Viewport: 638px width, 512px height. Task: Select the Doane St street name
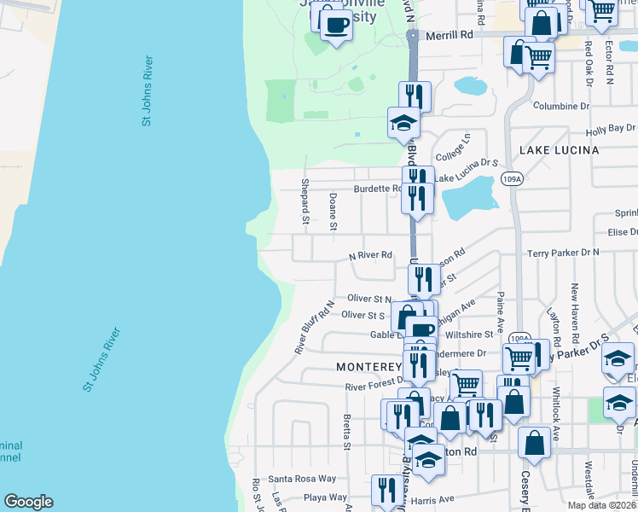pos(333,212)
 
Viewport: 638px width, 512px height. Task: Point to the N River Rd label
pos(370,255)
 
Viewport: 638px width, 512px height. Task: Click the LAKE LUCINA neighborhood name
pos(559,150)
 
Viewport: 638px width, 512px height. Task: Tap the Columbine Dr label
pos(561,107)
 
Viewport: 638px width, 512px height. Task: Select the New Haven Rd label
pos(576,306)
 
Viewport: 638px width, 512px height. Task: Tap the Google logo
pos(28,502)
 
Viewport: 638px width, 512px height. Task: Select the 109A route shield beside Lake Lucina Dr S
pos(512,178)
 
